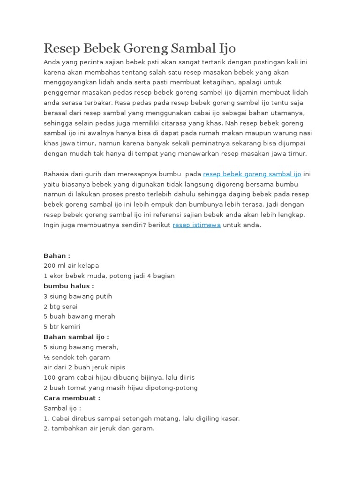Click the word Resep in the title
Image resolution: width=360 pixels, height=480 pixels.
[x=62, y=48]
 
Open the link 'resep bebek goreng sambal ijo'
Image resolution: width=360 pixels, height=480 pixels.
[x=252, y=174]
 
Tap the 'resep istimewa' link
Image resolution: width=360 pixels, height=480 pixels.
[x=197, y=225]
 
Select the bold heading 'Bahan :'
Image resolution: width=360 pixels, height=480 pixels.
[x=57, y=255]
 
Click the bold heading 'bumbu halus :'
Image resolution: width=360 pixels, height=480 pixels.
[x=69, y=286]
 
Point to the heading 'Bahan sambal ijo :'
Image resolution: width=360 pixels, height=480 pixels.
[x=76, y=337]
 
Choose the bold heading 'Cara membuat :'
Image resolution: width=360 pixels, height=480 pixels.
[x=72, y=398]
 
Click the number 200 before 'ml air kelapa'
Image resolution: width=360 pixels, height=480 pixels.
[x=50, y=266]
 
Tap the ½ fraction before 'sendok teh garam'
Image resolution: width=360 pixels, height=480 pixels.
[x=46, y=357]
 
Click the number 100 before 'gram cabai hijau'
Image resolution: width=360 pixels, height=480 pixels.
[x=50, y=377]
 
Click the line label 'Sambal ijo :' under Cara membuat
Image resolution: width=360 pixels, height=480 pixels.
[x=62, y=408]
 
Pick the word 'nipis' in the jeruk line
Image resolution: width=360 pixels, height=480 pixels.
[x=116, y=367]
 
